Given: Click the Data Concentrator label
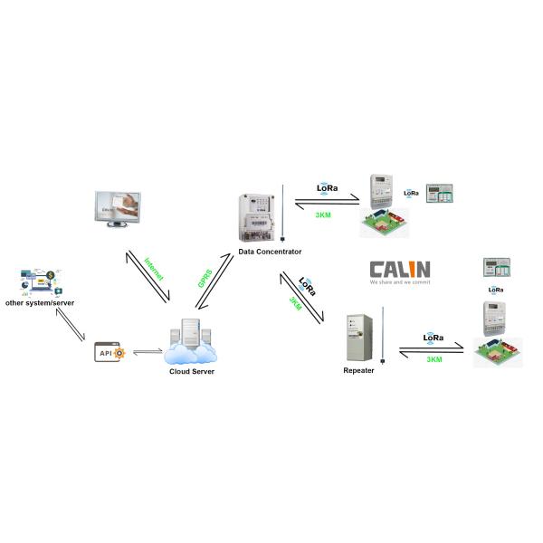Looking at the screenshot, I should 270,251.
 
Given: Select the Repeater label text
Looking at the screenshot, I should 358,371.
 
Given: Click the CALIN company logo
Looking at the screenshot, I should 401,269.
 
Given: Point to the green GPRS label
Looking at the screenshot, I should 205,277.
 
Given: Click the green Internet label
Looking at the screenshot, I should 153,273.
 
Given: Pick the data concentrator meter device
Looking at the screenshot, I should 256,218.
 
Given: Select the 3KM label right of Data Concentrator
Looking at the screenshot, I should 323,214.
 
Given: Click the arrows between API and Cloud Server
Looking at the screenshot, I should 147,351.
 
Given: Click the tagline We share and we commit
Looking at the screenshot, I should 400,282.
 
